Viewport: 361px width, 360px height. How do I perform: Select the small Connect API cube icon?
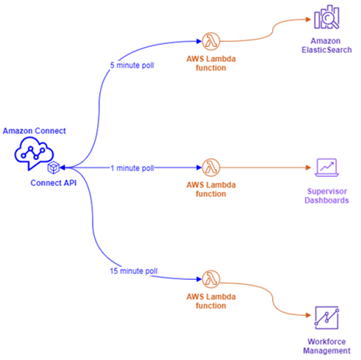tap(54, 168)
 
